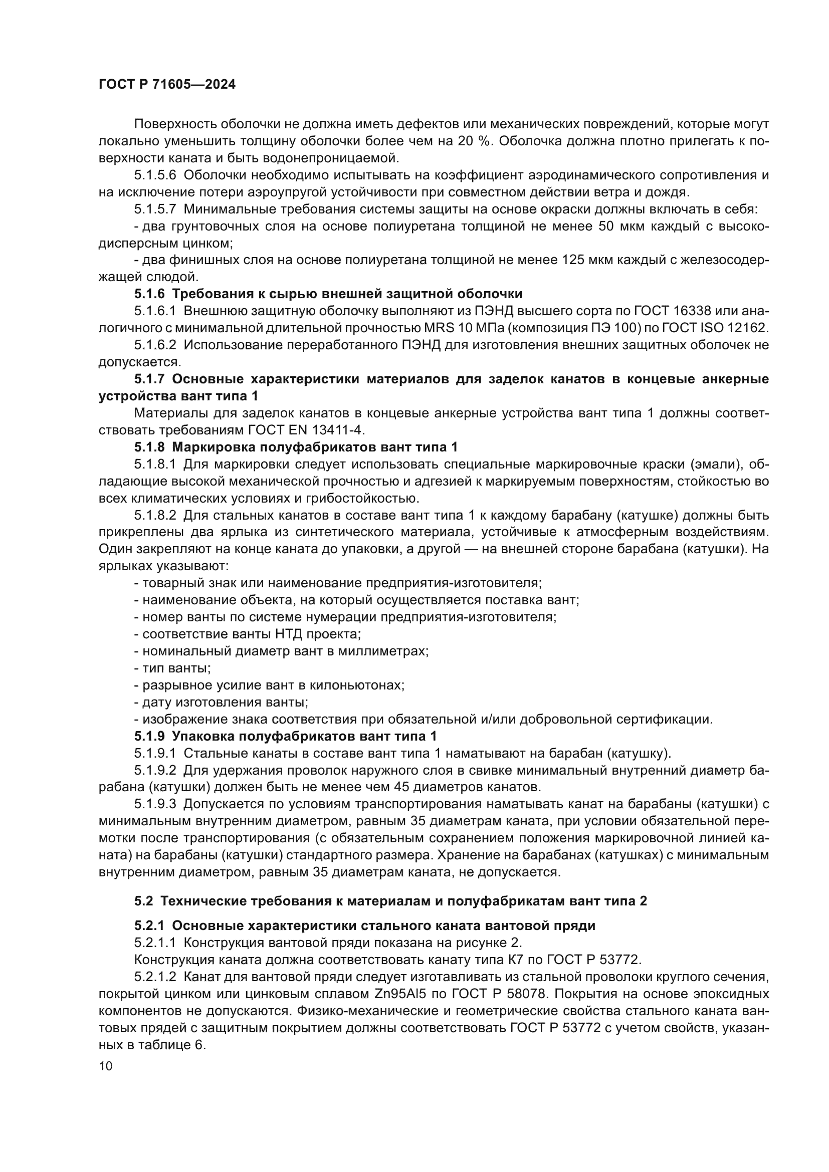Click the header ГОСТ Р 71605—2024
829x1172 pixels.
tap(167, 85)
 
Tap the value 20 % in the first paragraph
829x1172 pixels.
tap(473, 141)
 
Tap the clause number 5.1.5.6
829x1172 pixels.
tap(155, 175)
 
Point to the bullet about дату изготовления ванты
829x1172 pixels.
tap(222, 702)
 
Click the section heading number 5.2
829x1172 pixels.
tap(143, 901)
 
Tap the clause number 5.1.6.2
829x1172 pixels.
tap(155, 345)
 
